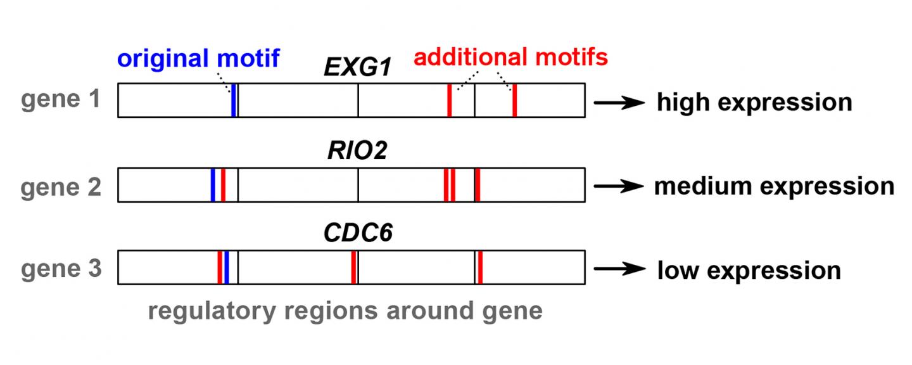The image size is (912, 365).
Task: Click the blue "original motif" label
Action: coord(198,58)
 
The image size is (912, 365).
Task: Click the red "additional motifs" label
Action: coord(510,58)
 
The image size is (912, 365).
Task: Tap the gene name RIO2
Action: coord(357,153)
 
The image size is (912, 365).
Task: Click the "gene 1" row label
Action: coord(61,100)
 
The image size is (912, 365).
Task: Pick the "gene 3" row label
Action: coord(61,269)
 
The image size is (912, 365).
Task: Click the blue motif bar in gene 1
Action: coord(234,100)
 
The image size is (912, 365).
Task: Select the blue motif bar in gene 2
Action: coord(213,185)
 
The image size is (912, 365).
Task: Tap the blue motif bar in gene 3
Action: coord(226,267)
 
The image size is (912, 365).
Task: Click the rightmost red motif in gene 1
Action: coord(514,100)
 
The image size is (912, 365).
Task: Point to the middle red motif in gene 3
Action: coord(353,267)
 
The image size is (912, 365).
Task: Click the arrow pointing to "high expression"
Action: coord(619,101)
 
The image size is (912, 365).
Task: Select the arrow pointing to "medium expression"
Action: coord(619,186)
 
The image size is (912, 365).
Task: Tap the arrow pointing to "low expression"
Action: coord(619,269)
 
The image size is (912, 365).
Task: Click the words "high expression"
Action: coord(754,101)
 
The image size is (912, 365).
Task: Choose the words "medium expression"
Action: coord(774,186)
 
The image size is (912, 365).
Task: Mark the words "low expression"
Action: coord(749,270)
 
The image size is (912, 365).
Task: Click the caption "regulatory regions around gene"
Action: coord(345,311)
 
